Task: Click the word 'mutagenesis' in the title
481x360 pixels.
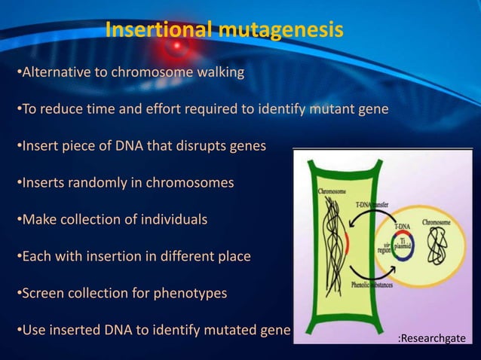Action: [282, 30]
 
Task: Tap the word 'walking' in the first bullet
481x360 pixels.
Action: [219, 73]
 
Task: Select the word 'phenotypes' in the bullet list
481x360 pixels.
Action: [189, 293]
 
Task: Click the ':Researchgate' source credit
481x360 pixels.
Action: [431, 340]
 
